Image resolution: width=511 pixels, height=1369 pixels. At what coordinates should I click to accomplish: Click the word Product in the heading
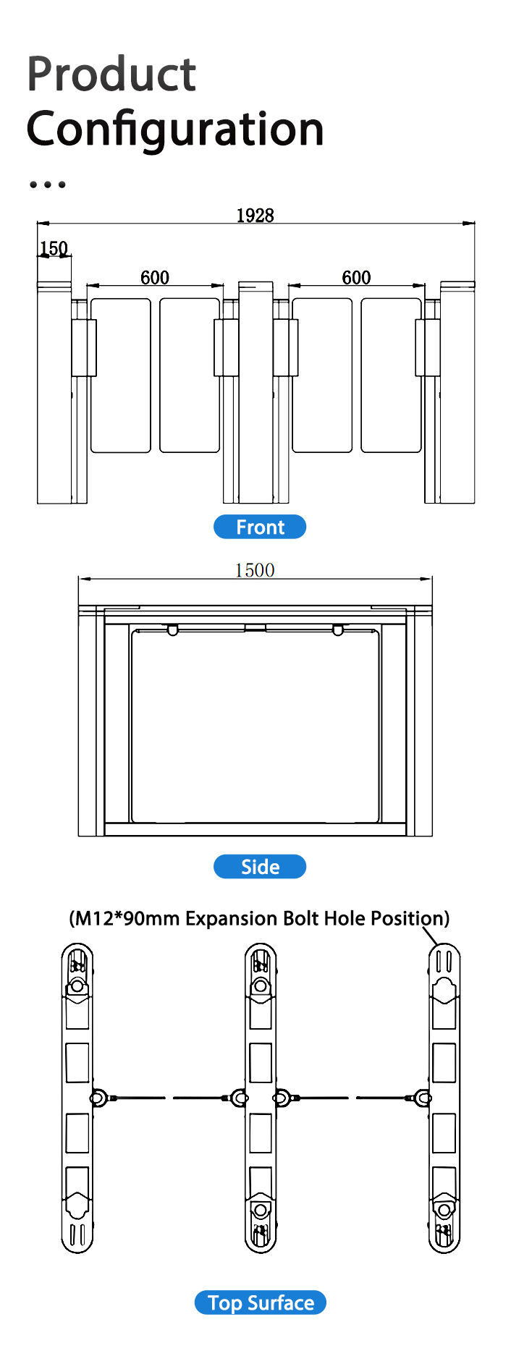[111, 74]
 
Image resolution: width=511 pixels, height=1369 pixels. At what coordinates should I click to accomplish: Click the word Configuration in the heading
[175, 128]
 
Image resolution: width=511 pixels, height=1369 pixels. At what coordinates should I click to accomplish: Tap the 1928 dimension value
[255, 215]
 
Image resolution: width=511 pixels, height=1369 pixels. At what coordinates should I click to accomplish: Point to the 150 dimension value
[54, 248]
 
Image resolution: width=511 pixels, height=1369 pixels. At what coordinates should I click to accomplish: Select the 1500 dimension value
[255, 570]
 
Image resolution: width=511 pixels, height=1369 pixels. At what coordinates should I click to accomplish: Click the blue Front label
[260, 527]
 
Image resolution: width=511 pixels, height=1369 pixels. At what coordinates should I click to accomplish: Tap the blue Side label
[260, 866]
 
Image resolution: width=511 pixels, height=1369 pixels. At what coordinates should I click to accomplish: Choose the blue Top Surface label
[261, 1302]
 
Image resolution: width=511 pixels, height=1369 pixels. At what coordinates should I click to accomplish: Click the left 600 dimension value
[155, 277]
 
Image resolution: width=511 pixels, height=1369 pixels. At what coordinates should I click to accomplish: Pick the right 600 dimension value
[356, 277]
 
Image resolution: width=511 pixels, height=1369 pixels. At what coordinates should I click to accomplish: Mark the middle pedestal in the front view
[256, 392]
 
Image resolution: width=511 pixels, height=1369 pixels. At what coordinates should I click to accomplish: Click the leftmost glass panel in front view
[120, 375]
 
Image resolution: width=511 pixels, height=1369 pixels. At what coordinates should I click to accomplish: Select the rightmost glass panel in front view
[392, 375]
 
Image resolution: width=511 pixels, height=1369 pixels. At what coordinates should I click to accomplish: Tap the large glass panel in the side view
[255, 726]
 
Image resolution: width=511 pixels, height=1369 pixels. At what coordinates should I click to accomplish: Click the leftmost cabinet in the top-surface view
[77, 1098]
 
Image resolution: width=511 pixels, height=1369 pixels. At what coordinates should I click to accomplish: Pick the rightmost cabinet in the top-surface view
[444, 1098]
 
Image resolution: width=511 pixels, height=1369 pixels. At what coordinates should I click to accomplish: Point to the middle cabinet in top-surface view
[261, 1098]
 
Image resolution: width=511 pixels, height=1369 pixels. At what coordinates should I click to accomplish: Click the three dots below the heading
[47, 185]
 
